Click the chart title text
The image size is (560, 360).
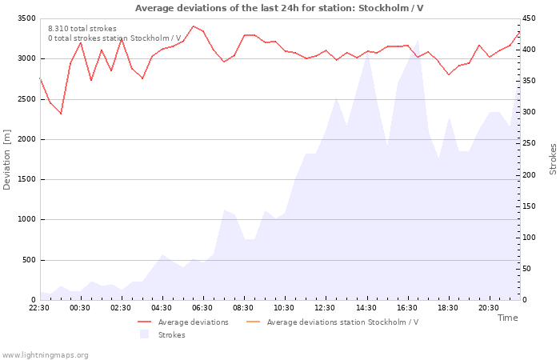[x=279, y=8]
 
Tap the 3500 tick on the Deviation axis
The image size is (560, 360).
[x=26, y=18]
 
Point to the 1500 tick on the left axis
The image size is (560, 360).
[x=26, y=180]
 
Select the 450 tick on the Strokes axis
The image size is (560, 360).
[x=529, y=18]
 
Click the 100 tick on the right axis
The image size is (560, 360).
[x=529, y=238]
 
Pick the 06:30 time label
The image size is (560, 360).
[x=202, y=308]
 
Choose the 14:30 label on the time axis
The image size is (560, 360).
[x=366, y=308]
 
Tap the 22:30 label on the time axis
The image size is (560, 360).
[x=39, y=308]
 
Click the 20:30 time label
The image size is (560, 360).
[x=489, y=308]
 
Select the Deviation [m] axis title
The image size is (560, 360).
[x=6, y=160]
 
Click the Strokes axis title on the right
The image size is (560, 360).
[x=553, y=159]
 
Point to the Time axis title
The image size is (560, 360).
[x=507, y=318]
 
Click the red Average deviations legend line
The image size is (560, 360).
[x=144, y=322]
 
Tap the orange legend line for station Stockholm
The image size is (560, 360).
[x=254, y=322]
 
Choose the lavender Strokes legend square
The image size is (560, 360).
[x=144, y=334]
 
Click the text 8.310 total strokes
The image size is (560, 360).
[x=82, y=29]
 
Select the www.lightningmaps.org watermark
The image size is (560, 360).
[x=45, y=355]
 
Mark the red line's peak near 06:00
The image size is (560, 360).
[x=194, y=26]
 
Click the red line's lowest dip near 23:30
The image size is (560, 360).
[x=61, y=114]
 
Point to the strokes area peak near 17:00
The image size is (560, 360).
[x=418, y=40]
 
